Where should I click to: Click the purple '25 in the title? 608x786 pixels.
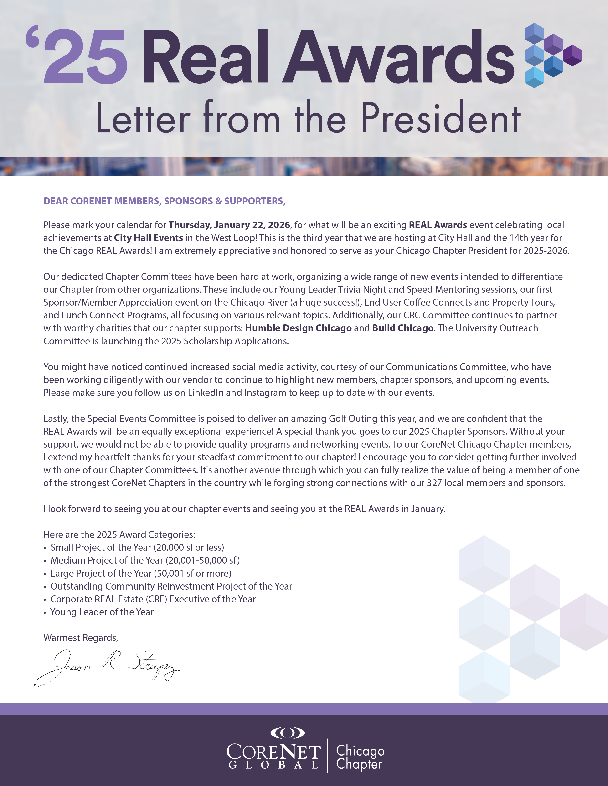(x=77, y=56)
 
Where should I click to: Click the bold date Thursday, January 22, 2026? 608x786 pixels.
(x=229, y=225)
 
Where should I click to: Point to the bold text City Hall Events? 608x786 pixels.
(x=148, y=238)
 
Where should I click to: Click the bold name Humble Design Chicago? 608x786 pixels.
(x=298, y=328)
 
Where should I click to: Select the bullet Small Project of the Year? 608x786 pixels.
(x=137, y=547)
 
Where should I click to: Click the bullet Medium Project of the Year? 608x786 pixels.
(x=145, y=560)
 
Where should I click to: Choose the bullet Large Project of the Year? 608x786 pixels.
(x=140, y=573)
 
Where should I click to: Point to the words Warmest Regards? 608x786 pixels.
(x=81, y=638)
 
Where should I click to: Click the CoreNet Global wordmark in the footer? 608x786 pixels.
(x=273, y=756)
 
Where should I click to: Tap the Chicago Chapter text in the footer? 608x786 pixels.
(x=360, y=757)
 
